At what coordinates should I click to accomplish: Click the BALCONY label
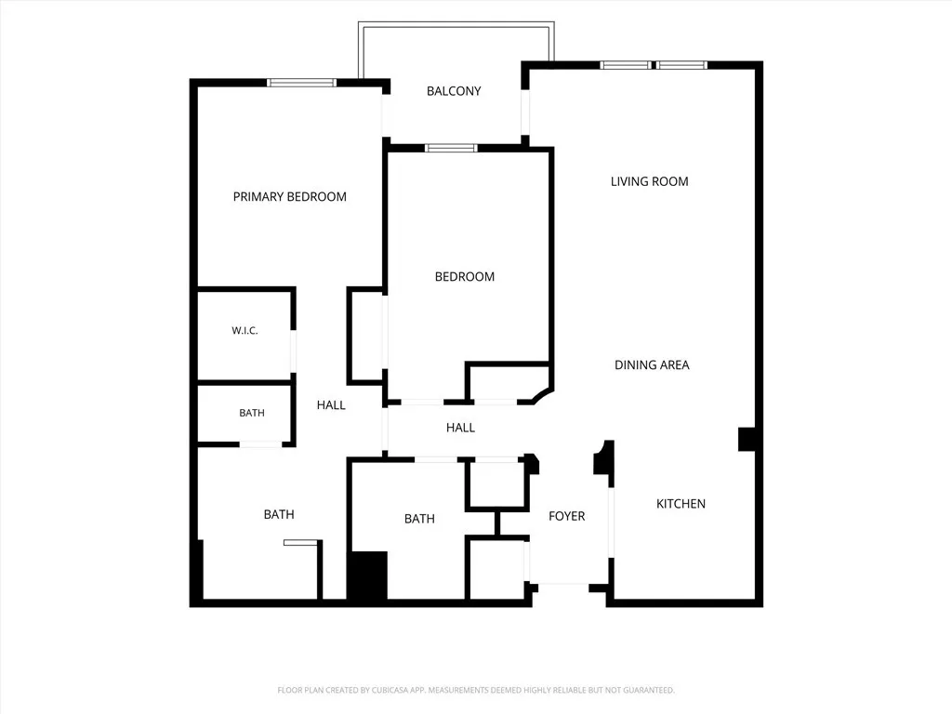tap(454, 91)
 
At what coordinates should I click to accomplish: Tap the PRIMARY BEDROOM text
tap(290, 197)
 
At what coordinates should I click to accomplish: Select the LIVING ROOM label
tap(650, 181)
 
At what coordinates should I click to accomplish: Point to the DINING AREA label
tap(652, 364)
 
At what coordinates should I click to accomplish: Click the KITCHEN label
tap(681, 504)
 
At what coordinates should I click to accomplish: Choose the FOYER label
tap(566, 516)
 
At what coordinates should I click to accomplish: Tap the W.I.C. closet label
tap(245, 331)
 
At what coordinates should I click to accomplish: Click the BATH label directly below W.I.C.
tap(252, 413)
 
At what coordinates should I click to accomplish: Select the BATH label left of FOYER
tap(419, 519)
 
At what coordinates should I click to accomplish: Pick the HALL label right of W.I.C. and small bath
tap(331, 405)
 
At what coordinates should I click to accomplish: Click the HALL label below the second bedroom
tap(460, 428)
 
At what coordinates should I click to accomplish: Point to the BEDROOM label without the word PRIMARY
tap(465, 277)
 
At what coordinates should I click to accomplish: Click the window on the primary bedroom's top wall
tap(302, 83)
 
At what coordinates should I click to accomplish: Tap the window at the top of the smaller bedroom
tap(451, 148)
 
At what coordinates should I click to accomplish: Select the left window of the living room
tap(626, 65)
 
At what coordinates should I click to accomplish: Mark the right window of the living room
tap(681, 65)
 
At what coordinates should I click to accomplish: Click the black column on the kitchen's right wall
tap(747, 439)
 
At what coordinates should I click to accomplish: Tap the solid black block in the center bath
tap(368, 576)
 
